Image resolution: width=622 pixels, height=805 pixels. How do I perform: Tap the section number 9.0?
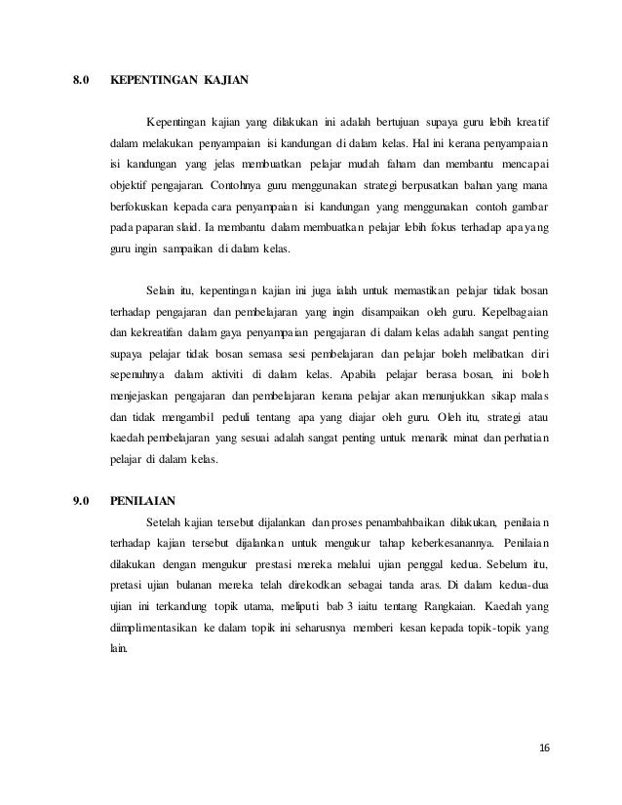coord(82,503)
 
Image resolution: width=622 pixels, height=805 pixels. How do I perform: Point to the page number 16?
coord(543,747)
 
